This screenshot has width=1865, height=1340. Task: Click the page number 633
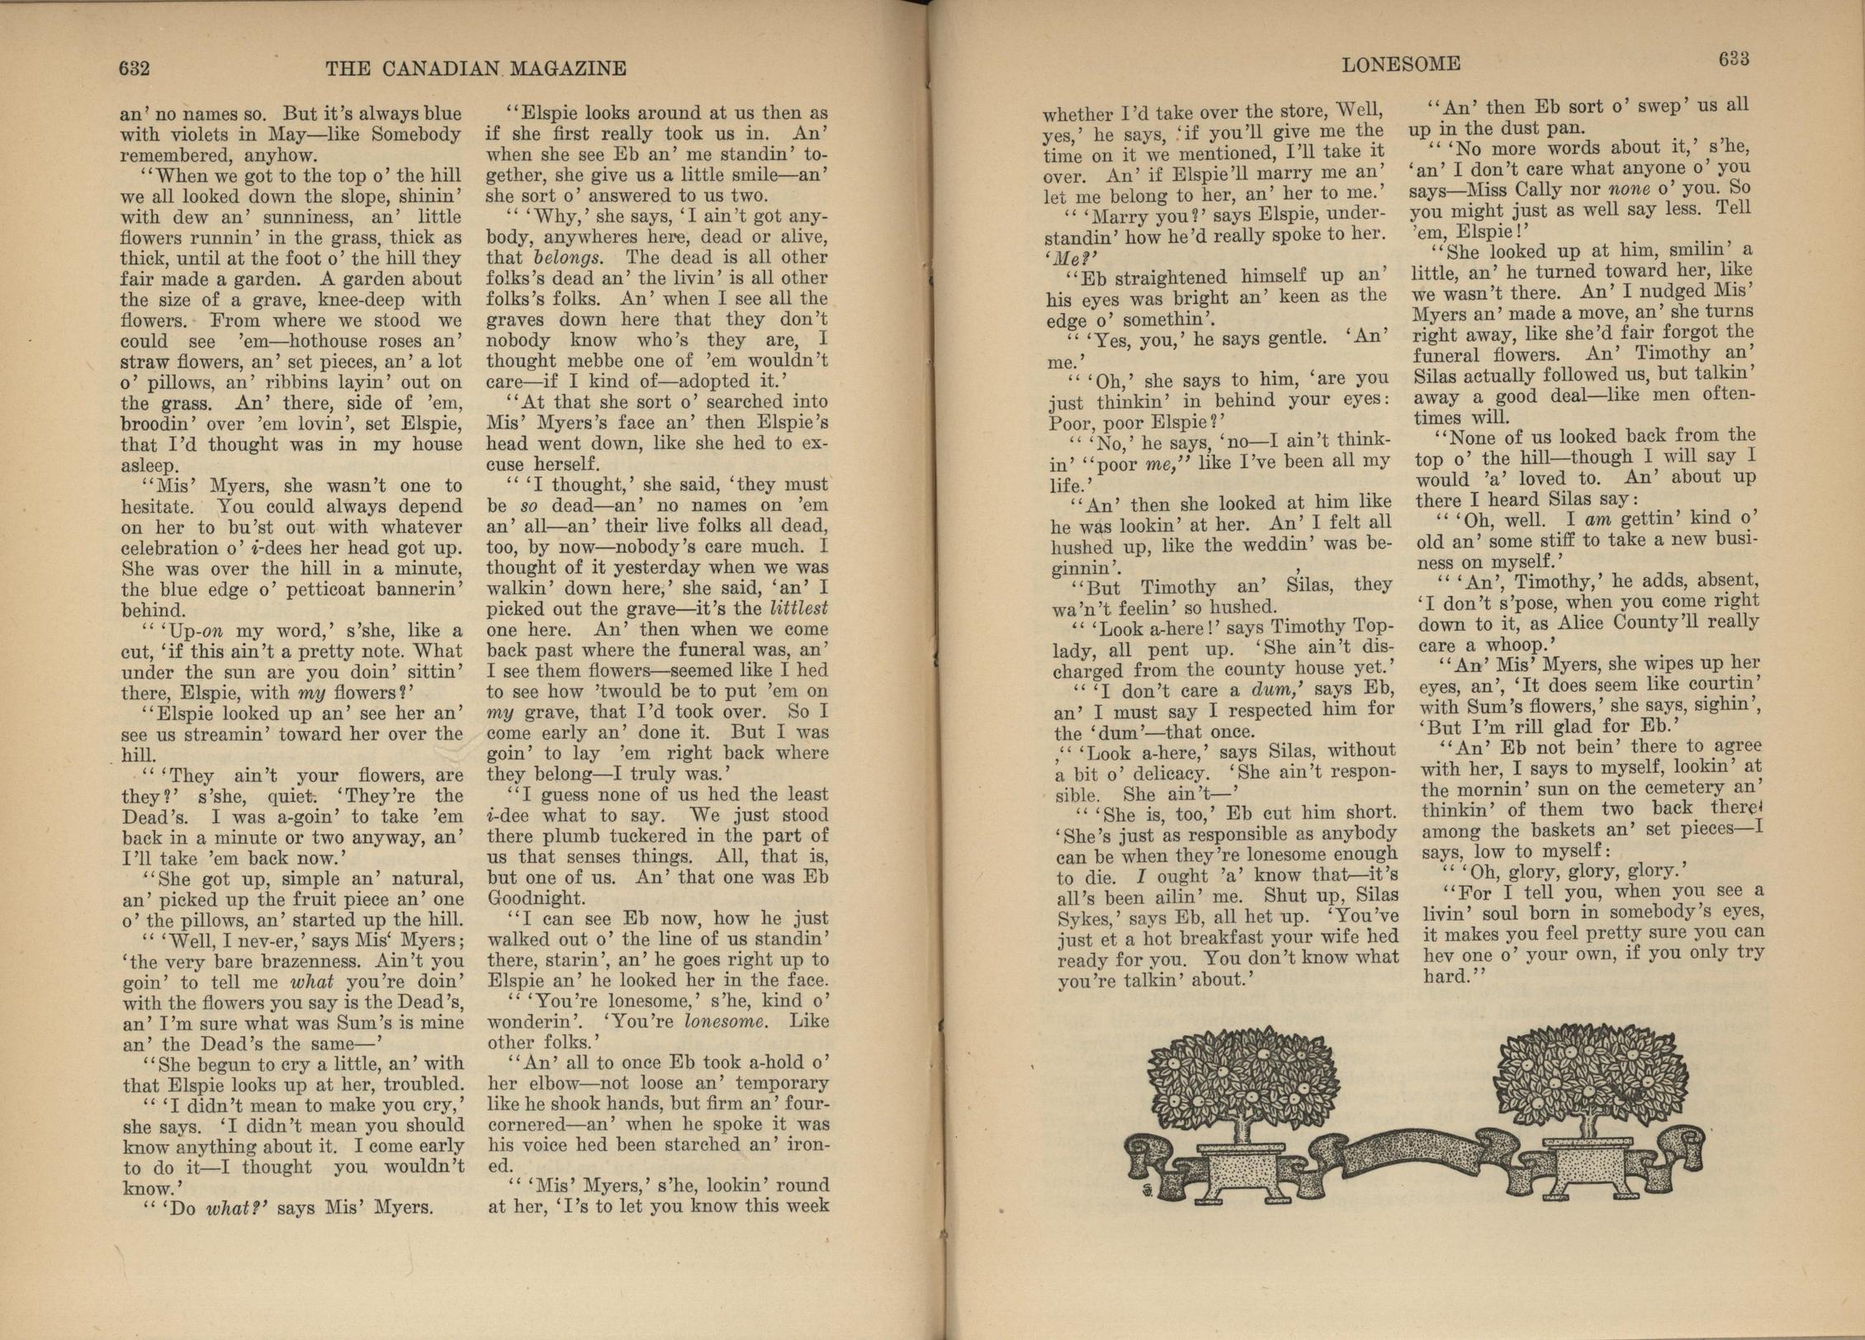click(1734, 59)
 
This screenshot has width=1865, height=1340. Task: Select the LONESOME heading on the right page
click(1401, 64)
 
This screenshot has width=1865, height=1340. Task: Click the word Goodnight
click(536, 897)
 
